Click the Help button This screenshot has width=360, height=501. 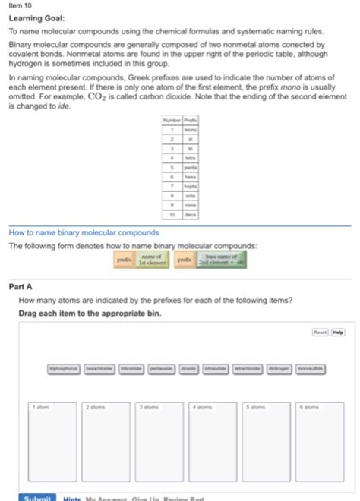click(x=338, y=332)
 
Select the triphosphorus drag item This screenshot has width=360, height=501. click(x=64, y=368)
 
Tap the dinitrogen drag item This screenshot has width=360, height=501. click(x=279, y=368)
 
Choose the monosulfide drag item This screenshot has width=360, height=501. click(x=311, y=368)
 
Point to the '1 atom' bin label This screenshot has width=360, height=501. click(x=40, y=408)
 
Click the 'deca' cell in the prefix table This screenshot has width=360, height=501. click(x=186, y=215)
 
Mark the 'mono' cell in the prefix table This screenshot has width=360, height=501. click(x=186, y=130)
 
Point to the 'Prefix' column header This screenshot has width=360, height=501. click(x=186, y=121)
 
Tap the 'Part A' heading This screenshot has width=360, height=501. click(x=21, y=287)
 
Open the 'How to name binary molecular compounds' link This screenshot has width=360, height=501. click(x=84, y=232)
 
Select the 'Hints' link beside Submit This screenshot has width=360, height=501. click(x=73, y=497)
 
